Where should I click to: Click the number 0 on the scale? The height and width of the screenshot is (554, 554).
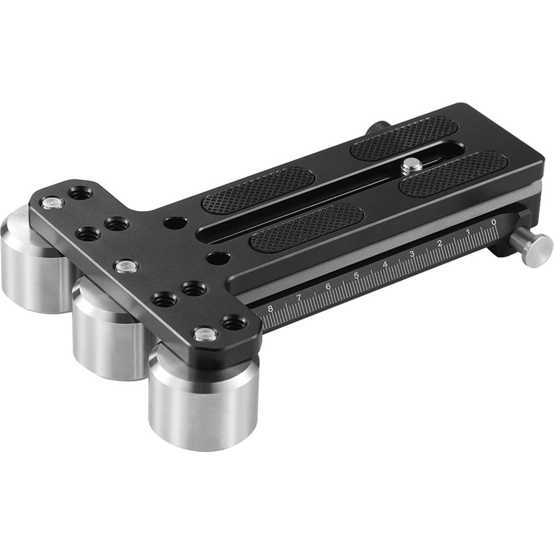[x=494, y=222]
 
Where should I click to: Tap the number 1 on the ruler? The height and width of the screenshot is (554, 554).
[x=468, y=231]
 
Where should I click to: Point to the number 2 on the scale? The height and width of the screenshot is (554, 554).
[x=440, y=243]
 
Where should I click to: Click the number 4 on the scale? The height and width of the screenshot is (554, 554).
[x=384, y=264]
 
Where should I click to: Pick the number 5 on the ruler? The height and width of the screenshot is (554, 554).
[x=357, y=275]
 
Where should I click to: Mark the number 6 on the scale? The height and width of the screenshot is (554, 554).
[x=329, y=286]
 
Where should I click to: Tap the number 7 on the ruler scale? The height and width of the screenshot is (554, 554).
[x=299, y=298]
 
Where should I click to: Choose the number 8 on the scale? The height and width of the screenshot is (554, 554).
[x=270, y=310]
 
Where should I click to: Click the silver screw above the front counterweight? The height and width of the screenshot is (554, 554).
[x=205, y=334]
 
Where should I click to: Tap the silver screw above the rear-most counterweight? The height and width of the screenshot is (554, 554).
[x=52, y=203]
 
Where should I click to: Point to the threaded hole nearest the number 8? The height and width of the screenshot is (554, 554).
[x=234, y=322]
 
